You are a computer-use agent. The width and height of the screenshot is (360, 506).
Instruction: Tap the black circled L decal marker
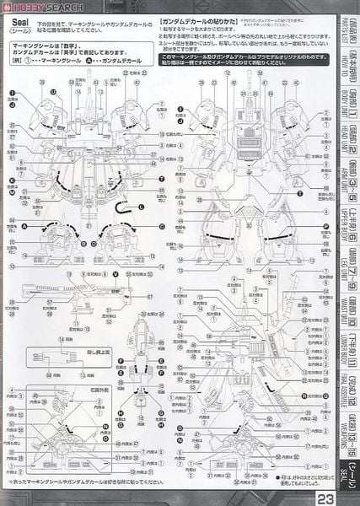coord(141,207)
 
